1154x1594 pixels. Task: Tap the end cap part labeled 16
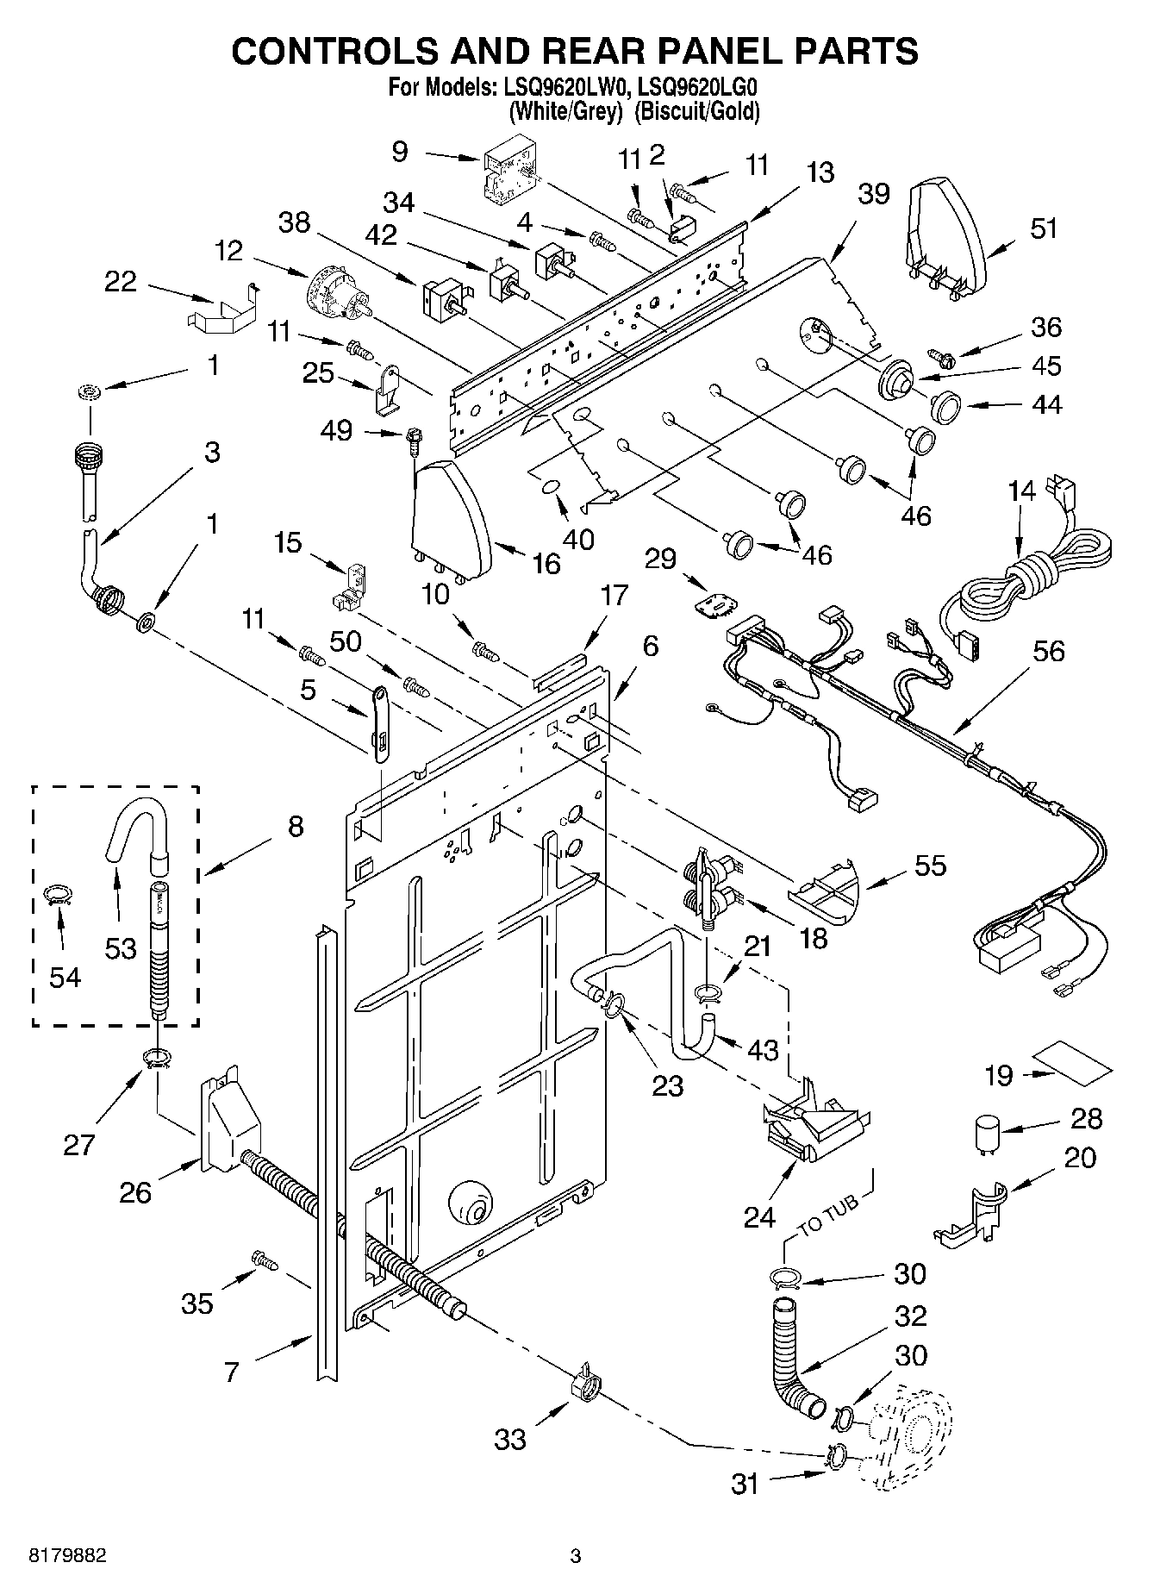tap(450, 520)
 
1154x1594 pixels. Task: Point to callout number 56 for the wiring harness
tap(1048, 653)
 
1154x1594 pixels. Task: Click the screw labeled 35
tap(264, 1260)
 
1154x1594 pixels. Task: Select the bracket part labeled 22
tap(222, 309)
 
